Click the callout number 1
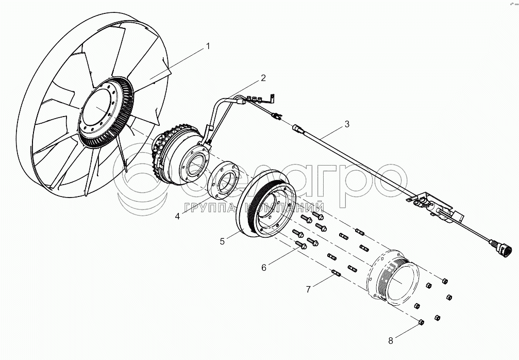[x=208, y=46]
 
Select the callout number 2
[x=263, y=78]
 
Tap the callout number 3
[x=347, y=124]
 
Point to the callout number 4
[x=177, y=216]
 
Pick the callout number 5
[x=222, y=241]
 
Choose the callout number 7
[x=308, y=289]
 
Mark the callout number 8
[x=390, y=340]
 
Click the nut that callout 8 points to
[x=421, y=322]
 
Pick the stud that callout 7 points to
[x=337, y=273]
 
